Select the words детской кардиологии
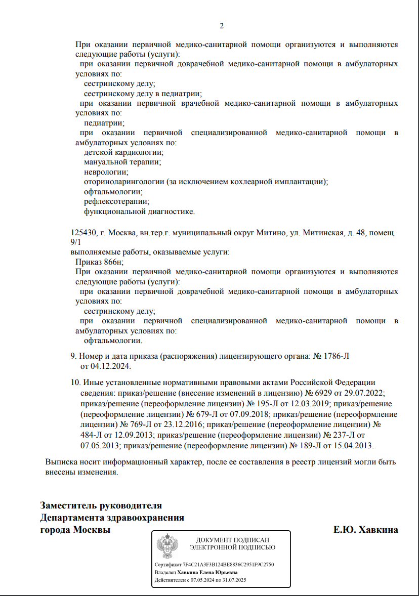click(x=123, y=153)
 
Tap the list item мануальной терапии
click(x=122, y=162)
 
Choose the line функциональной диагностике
click(x=139, y=211)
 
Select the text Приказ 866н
click(x=99, y=262)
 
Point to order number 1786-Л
click(x=337, y=356)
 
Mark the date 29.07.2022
click(x=366, y=393)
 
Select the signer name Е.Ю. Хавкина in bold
click(x=365, y=530)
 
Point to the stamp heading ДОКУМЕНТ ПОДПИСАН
click(x=232, y=540)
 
